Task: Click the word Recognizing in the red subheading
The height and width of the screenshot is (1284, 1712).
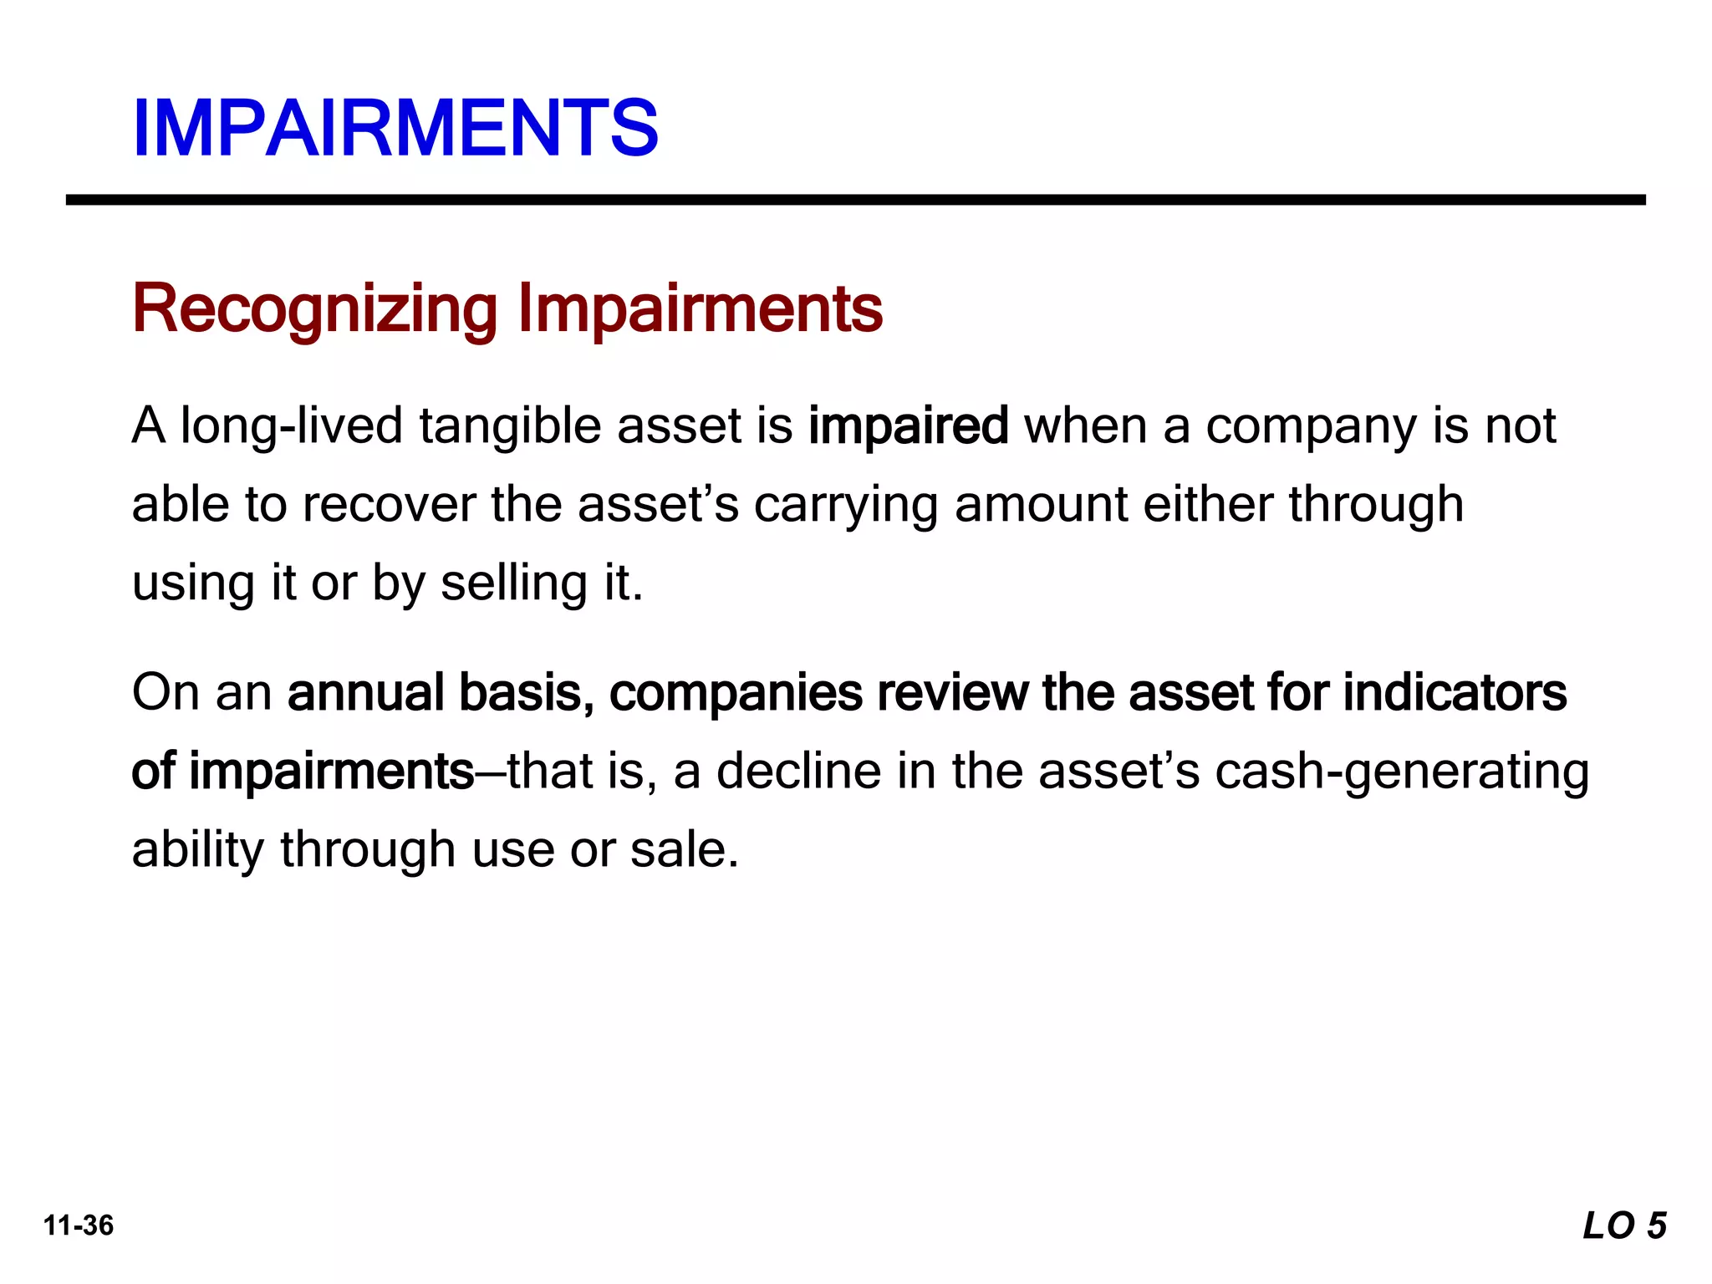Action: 315,309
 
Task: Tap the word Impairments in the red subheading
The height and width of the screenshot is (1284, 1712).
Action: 700,309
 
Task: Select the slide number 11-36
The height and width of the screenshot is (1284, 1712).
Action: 79,1225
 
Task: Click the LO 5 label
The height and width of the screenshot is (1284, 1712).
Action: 1624,1225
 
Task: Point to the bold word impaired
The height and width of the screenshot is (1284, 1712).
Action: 909,426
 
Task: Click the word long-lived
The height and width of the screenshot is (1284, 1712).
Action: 292,426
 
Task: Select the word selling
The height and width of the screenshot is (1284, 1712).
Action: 514,583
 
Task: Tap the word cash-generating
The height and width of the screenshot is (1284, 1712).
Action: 1402,772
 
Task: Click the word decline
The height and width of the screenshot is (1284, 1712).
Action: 798,772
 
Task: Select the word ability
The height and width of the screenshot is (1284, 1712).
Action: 198,850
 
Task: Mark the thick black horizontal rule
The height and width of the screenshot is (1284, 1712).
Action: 856,200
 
